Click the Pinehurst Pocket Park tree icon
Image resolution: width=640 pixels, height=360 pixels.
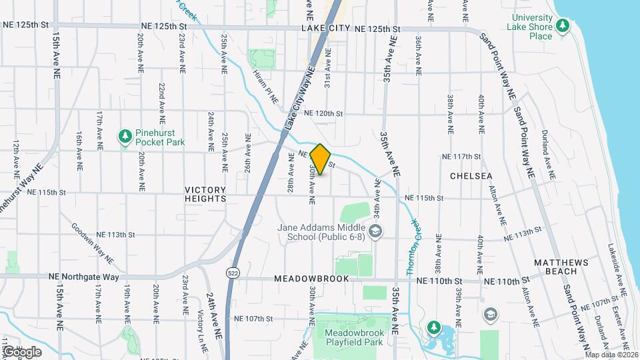tap(125, 137)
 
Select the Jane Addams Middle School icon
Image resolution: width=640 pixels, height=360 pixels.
tap(376, 231)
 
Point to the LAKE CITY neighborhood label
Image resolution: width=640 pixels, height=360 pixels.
tap(325, 29)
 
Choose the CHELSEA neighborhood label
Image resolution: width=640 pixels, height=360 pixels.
tap(471, 176)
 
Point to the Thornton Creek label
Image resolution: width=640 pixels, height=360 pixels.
tap(412, 246)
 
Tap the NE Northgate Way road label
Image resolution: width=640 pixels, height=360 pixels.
tap(83, 276)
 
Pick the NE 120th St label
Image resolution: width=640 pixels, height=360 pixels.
tap(323, 114)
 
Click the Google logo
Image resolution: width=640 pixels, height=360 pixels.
tap(22, 351)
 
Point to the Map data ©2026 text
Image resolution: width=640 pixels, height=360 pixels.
tap(611, 355)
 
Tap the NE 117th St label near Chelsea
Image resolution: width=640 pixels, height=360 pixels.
tap(461, 157)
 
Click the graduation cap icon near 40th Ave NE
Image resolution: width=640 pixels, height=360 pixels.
tap(491, 314)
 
